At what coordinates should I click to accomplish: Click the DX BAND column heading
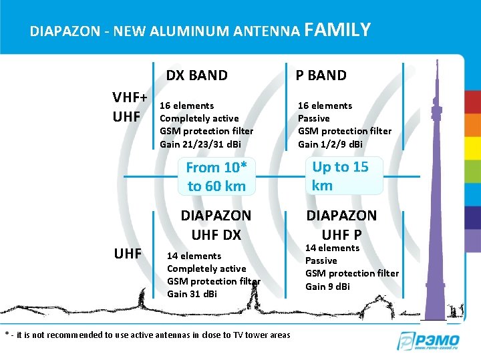click(196, 75)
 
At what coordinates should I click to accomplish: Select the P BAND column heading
click(321, 75)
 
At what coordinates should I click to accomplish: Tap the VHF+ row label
click(130, 98)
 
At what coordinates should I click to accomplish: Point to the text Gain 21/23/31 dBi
click(200, 144)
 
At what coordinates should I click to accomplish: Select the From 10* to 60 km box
click(216, 177)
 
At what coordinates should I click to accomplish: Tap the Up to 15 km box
click(340, 176)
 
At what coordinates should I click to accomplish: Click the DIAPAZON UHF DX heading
click(216, 225)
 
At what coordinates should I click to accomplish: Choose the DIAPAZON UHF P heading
click(341, 225)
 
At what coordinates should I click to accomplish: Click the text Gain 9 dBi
click(328, 287)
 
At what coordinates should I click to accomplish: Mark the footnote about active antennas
click(148, 335)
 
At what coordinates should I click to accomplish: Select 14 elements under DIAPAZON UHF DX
click(194, 256)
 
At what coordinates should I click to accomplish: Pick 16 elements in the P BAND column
click(325, 106)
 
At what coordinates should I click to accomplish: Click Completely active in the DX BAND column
click(199, 118)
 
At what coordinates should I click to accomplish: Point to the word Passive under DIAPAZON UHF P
click(321, 260)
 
